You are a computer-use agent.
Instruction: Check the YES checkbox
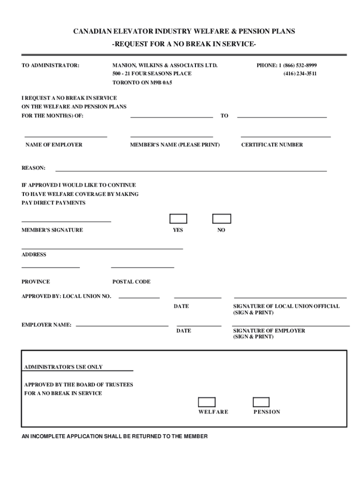tap(178, 219)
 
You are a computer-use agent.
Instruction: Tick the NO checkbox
tap(222, 219)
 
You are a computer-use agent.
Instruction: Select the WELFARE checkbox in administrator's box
tap(207, 402)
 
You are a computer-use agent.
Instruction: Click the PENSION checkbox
tap(261, 402)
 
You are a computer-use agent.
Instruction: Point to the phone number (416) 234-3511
tap(300, 74)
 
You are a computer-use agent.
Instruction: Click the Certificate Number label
tap(272, 145)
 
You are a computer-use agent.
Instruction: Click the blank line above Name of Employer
tap(65, 136)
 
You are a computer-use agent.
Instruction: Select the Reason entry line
tap(191, 171)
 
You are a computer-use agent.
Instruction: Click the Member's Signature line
tap(66, 221)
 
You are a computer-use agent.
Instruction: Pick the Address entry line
tap(102, 248)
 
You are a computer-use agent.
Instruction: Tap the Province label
tap(36, 282)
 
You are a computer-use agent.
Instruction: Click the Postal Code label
tap(131, 282)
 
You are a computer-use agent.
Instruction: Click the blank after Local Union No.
tap(139, 298)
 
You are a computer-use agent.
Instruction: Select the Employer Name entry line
tap(122, 325)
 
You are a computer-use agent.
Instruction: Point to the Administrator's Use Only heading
tap(63, 367)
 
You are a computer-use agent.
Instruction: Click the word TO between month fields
tap(224, 116)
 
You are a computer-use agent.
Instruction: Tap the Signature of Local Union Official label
tap(286, 306)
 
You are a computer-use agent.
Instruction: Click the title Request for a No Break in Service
tap(184, 44)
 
